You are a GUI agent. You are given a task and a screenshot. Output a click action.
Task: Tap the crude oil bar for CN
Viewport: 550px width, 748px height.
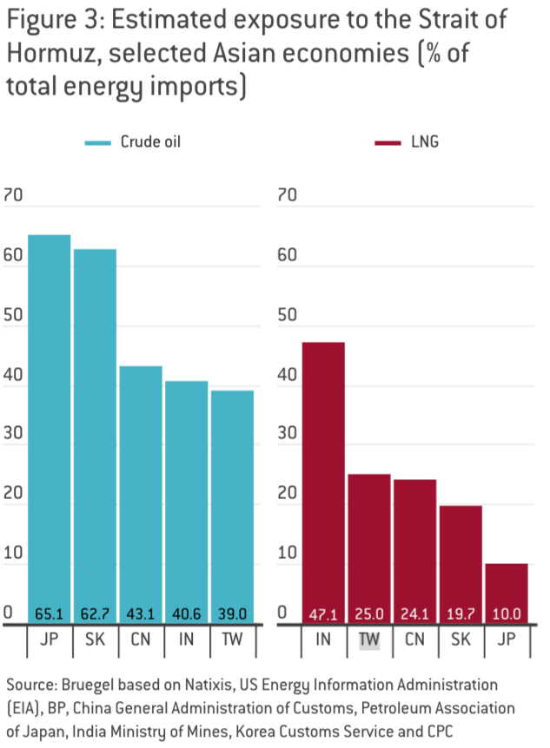(x=141, y=486)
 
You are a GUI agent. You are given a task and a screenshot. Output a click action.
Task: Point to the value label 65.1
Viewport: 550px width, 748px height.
(x=50, y=614)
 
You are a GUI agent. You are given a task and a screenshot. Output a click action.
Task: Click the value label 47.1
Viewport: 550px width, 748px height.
(x=323, y=614)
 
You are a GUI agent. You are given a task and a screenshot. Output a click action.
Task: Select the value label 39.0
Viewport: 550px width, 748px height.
(x=232, y=614)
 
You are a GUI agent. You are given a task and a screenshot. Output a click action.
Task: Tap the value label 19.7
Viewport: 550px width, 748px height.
(x=460, y=614)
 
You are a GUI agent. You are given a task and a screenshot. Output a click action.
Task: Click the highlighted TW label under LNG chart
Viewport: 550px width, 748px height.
(x=369, y=640)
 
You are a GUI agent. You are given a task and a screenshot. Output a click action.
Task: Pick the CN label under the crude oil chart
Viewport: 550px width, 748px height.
(x=141, y=640)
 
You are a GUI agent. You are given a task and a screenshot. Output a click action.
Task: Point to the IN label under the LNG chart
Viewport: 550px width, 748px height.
(x=323, y=640)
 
